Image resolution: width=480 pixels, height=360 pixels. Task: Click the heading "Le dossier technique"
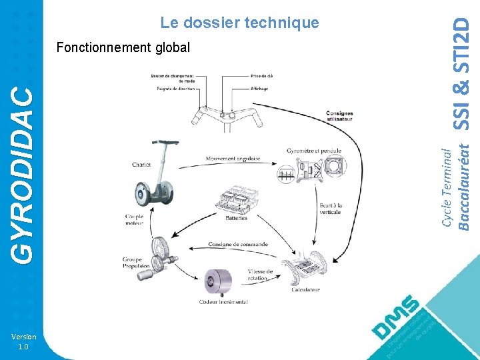239,23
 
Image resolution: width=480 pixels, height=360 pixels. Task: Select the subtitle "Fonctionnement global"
123,48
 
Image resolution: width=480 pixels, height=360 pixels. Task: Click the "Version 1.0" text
23,341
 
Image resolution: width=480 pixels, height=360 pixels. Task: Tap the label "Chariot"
141,165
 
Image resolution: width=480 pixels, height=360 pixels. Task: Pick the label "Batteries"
235,217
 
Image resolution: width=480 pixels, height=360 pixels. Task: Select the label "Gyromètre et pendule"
313,150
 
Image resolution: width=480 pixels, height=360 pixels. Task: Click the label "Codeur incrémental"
223,302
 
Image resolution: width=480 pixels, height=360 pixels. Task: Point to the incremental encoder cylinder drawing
219,281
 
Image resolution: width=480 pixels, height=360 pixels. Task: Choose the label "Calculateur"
306,289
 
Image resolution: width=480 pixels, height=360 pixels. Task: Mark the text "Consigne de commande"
238,244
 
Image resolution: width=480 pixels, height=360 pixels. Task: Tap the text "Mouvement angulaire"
233,159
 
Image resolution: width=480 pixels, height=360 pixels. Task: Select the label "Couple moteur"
134,219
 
